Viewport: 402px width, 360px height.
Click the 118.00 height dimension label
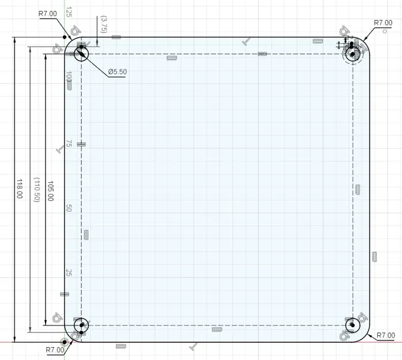tap(20, 189)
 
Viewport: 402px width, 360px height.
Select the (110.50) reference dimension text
tap(37, 190)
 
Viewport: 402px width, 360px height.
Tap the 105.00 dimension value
tap(51, 191)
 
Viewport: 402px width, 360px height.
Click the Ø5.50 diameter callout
tap(117, 72)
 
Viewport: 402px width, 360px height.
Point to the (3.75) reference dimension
tap(104, 24)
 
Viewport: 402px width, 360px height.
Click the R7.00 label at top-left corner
tap(48, 14)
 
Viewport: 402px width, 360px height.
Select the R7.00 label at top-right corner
tap(383, 23)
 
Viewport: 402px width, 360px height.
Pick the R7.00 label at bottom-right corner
tap(386, 335)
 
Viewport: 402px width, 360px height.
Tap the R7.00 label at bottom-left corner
tap(55, 350)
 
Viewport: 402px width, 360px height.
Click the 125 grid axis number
tap(69, 12)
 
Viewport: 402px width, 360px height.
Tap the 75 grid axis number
tap(69, 143)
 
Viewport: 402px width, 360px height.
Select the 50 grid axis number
tap(69, 208)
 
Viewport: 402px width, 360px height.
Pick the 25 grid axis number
tap(69, 272)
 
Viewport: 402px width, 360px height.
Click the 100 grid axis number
tap(69, 77)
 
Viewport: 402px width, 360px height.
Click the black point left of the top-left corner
tap(65, 37)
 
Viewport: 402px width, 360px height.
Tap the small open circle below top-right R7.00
tap(384, 31)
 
